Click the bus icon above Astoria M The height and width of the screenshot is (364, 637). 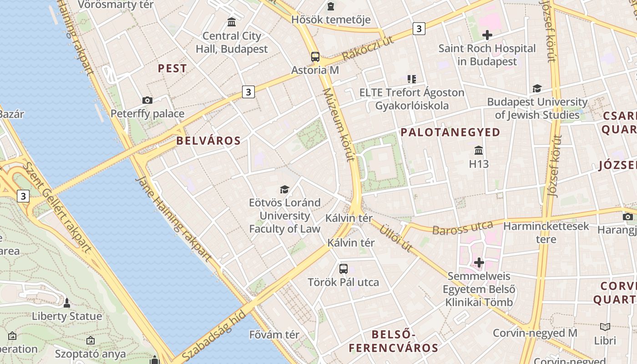point(315,57)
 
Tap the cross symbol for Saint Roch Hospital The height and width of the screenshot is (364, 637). point(487,35)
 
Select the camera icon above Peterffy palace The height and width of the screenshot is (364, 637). point(147,100)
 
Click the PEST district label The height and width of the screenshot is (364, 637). point(172,69)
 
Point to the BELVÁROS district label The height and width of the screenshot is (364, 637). point(208,141)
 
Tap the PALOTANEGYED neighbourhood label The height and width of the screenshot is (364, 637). point(450,132)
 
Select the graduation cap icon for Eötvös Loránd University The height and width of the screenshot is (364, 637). point(284,189)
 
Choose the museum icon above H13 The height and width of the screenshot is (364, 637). point(478,150)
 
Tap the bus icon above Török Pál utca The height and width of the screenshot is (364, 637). point(343,268)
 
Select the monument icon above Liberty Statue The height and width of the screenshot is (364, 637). point(67,303)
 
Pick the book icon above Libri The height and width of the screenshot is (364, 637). point(605,327)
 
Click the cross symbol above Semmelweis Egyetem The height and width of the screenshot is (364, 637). point(479,263)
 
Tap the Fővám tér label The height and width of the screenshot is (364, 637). point(274,335)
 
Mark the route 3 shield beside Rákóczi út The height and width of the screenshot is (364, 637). point(419,29)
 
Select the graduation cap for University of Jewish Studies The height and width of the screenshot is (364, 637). point(537,88)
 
